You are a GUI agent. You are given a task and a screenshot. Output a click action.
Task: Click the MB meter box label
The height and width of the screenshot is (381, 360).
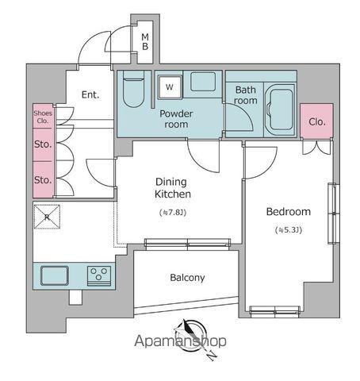[145, 42]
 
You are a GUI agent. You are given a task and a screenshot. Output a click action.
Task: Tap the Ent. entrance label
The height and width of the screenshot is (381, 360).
[90, 94]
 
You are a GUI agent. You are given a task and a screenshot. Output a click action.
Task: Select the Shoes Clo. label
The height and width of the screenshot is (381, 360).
[43, 117]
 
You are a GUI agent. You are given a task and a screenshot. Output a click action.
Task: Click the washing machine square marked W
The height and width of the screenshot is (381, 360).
[170, 87]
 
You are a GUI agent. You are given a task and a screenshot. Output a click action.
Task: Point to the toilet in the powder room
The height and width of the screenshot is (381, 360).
[134, 89]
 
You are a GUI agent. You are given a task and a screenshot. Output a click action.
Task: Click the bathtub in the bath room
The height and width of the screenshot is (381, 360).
[281, 109]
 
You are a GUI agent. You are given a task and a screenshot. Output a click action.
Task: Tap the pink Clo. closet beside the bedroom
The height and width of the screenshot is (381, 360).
[316, 121]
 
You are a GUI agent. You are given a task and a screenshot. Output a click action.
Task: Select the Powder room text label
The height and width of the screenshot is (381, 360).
[176, 119]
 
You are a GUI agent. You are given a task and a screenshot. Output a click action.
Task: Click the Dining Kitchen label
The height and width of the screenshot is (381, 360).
[172, 188]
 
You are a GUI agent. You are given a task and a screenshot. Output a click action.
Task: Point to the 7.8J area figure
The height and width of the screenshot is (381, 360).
[173, 212]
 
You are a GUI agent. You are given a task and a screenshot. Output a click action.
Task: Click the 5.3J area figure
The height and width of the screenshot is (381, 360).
[289, 230]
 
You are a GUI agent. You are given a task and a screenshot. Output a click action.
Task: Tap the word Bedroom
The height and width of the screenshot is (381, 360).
[288, 212]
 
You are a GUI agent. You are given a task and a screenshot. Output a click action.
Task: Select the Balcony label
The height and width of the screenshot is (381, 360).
[187, 278]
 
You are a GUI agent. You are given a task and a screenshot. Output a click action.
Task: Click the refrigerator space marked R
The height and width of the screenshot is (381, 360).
[47, 217]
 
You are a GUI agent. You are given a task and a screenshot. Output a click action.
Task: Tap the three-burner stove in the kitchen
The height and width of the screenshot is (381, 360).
[99, 275]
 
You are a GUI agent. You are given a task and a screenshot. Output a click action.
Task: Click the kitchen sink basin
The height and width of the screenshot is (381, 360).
[55, 275]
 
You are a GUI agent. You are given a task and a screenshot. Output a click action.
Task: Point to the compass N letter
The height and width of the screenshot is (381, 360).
[212, 355]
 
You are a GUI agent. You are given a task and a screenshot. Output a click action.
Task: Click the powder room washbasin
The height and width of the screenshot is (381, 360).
[203, 82]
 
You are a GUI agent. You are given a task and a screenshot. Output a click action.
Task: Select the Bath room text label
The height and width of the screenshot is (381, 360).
[246, 95]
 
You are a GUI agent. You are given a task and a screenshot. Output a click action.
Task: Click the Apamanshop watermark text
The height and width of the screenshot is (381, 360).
[180, 341]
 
